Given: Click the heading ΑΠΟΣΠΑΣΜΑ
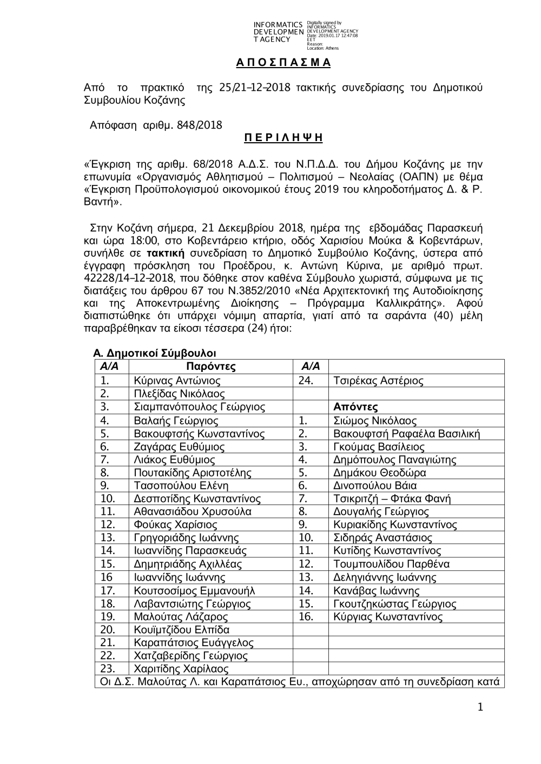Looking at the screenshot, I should [x=283, y=63].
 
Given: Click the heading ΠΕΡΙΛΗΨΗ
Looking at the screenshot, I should [x=283, y=138].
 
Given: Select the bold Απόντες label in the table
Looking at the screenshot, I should [x=355, y=407].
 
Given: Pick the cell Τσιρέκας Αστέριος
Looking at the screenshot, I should [x=378, y=381].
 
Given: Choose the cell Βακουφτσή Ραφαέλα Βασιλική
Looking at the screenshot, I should [x=406, y=434].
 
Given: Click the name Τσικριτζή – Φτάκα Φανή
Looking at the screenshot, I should [x=392, y=499].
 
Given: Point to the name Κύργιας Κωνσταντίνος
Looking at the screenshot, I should [x=388, y=617].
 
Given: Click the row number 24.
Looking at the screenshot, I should [x=306, y=381].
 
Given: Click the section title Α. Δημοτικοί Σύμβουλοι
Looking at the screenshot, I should [x=155, y=354].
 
